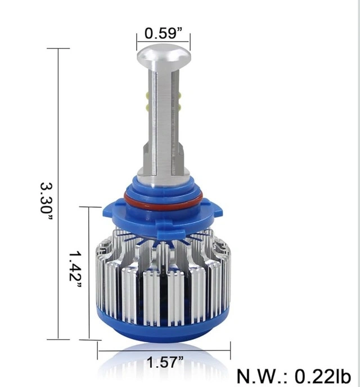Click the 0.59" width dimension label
[163, 33]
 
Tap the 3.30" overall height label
[46, 201]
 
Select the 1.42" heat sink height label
[75, 269]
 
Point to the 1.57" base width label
[165, 362]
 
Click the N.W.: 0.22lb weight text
[294, 376]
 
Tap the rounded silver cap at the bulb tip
[164, 56]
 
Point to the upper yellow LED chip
[179, 95]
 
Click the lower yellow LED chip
[179, 107]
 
